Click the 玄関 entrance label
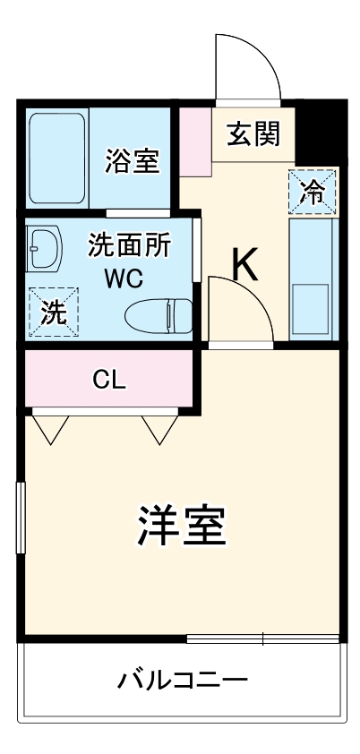253,133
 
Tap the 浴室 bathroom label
132,160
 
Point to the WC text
123,278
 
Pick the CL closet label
109,380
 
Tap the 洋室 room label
181,527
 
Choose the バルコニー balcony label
183,681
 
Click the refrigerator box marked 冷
313,191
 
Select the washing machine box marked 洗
54,311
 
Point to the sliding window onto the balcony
262,638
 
